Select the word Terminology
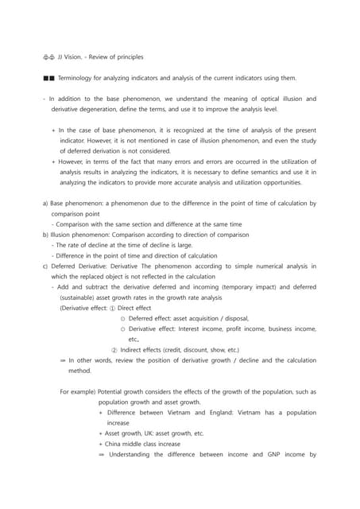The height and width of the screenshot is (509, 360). point(83,78)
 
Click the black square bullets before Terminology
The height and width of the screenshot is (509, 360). point(50,78)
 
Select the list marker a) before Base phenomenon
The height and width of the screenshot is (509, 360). point(45,203)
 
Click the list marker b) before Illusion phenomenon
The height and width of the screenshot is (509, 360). point(45,234)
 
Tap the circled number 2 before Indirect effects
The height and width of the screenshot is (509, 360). point(114,349)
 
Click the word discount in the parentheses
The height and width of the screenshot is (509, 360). point(193,349)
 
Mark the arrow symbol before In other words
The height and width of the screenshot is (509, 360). point(63,359)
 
